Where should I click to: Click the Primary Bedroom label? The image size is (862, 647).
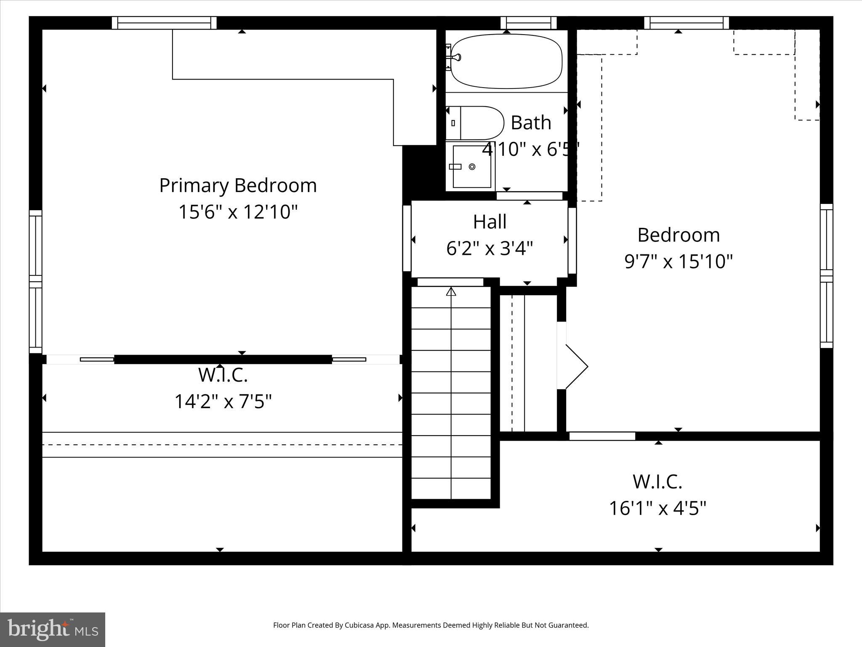click(238, 186)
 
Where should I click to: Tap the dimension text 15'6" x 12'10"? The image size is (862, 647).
click(238, 211)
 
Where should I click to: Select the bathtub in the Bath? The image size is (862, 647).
click(506, 61)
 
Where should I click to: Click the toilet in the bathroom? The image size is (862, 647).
click(476, 123)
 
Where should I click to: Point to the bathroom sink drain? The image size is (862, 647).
click(472, 167)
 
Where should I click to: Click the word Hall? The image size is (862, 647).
click(490, 222)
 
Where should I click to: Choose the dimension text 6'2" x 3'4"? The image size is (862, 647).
click(490, 248)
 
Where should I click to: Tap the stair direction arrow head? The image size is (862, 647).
click(451, 291)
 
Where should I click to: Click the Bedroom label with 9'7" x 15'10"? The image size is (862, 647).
click(678, 235)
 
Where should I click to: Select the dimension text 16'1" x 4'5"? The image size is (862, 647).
click(657, 508)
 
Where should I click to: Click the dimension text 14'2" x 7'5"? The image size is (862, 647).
click(223, 401)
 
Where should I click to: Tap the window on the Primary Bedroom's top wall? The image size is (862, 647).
click(164, 23)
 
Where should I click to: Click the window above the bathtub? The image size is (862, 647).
click(529, 23)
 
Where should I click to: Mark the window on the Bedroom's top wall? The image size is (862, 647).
click(686, 23)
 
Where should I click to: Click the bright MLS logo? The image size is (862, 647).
click(53, 629)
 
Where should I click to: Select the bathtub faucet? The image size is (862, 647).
click(455, 57)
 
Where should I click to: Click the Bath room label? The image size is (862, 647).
click(531, 123)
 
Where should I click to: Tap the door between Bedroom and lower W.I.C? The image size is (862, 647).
click(602, 436)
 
